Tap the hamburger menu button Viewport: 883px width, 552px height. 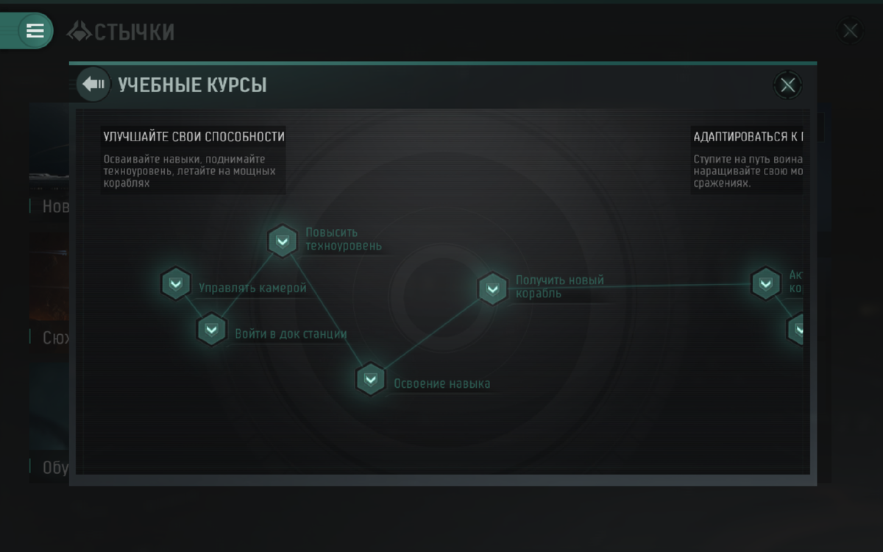(35, 31)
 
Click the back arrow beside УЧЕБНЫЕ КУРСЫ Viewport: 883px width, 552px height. (93, 85)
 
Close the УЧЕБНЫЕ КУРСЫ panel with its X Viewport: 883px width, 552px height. (787, 85)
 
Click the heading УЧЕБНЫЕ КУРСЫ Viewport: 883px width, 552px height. (192, 85)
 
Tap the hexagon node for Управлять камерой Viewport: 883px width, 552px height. (176, 284)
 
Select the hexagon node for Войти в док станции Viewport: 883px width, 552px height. (211, 330)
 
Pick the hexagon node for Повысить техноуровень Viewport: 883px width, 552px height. (283, 241)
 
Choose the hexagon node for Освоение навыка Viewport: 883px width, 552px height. (371, 380)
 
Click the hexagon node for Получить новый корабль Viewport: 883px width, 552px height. (493, 289)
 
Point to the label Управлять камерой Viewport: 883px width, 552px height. (252, 288)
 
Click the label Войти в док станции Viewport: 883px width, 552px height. (291, 333)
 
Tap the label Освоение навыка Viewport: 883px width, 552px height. (441, 383)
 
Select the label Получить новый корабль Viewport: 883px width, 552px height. (559, 286)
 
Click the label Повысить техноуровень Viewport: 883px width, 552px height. (344, 239)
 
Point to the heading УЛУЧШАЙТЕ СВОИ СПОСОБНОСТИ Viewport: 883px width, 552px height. (194, 136)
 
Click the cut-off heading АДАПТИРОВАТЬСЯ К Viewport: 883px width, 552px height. (747, 136)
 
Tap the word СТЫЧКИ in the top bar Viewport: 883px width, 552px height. (135, 32)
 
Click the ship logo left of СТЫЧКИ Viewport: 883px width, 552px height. (79, 31)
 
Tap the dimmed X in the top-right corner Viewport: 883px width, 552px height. (850, 31)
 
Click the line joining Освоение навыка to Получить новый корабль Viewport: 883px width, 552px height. (432, 334)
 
